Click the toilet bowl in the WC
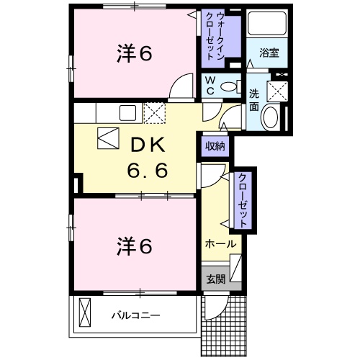tap(228, 86)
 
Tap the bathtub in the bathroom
tap(267, 24)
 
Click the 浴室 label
tap(269, 53)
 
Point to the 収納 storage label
tap(215, 146)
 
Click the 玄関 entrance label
tap(216, 279)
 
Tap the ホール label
tap(220, 244)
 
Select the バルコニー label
tap(135, 315)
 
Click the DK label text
tap(148, 145)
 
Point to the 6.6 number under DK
tap(147, 171)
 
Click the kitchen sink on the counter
tap(127, 113)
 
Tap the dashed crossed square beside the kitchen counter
tap(154, 113)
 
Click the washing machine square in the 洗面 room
tap(277, 91)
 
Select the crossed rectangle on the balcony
tap(85, 312)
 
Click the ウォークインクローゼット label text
tap(215, 36)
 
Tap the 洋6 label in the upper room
tap(135, 54)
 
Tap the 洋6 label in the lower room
tap(135, 246)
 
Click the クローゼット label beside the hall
tap(243, 200)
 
